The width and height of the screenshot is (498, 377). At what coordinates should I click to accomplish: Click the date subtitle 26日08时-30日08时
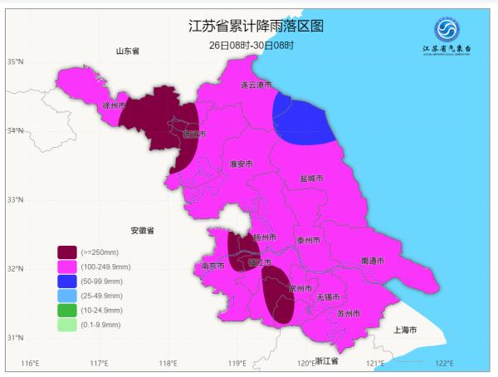click(251, 44)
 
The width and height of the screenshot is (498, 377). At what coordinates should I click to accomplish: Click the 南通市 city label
click(373, 261)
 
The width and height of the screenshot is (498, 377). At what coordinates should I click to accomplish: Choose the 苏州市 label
click(349, 314)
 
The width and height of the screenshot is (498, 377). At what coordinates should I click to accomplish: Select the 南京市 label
click(213, 267)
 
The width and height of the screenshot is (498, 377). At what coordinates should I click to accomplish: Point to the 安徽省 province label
click(143, 230)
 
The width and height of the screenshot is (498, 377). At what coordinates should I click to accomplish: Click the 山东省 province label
click(128, 51)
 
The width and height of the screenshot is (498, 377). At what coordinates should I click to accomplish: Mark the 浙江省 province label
click(329, 361)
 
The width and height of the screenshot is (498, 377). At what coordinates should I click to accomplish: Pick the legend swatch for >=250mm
click(67, 252)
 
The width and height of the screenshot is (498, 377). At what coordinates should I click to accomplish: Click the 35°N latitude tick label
click(15, 62)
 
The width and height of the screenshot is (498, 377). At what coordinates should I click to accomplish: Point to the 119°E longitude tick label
click(237, 364)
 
